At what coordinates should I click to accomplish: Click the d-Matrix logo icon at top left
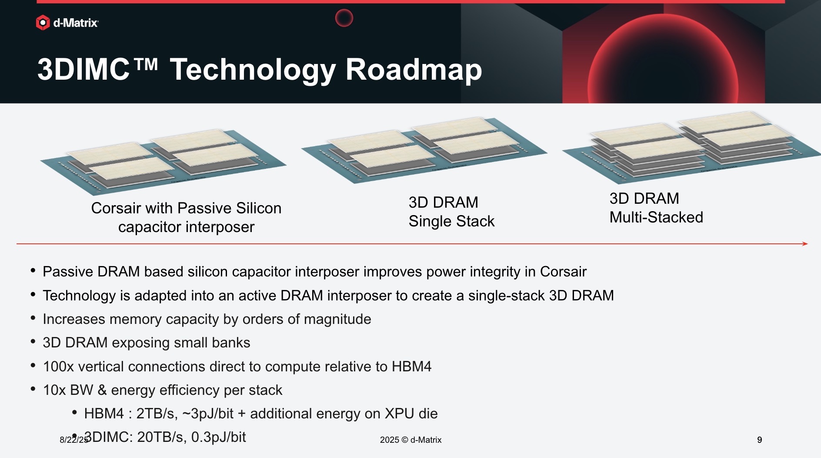coord(43,23)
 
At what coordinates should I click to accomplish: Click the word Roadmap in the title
coord(414,70)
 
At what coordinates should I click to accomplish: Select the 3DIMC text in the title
coord(83,70)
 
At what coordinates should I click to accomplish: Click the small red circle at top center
coord(344,18)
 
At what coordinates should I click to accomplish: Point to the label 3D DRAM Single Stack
coord(451,212)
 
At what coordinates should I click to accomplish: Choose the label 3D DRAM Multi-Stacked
coord(656,208)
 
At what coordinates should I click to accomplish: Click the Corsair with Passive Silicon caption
coord(186,218)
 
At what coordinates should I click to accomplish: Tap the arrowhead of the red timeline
coord(805,244)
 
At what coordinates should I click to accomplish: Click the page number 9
coord(760,440)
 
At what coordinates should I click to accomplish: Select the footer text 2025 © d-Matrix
coord(410,440)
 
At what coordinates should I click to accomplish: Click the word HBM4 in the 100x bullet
coord(411,367)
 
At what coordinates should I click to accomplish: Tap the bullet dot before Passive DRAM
coord(33,271)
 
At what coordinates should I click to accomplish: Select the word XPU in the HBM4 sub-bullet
coord(399,414)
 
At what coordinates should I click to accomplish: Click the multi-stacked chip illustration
coord(691,147)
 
